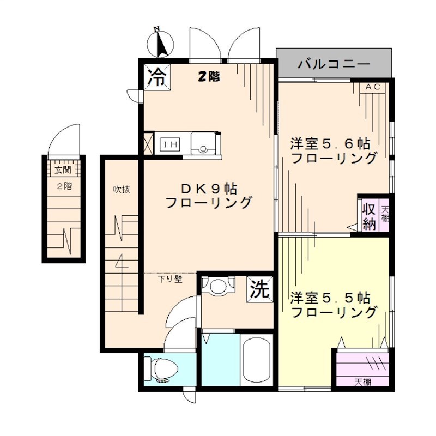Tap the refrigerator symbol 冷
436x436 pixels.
(x=157, y=77)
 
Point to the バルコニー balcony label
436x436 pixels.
(x=334, y=64)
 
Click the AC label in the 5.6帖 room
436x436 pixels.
(x=373, y=87)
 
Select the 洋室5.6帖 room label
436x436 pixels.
(x=330, y=144)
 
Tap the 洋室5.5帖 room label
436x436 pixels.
(x=330, y=298)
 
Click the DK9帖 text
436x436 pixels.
(x=209, y=189)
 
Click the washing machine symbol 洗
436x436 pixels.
(x=261, y=288)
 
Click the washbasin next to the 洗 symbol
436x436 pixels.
(x=217, y=286)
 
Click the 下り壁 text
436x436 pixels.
(x=169, y=279)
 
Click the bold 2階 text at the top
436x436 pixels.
(x=208, y=77)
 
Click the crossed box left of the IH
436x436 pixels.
(x=148, y=144)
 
